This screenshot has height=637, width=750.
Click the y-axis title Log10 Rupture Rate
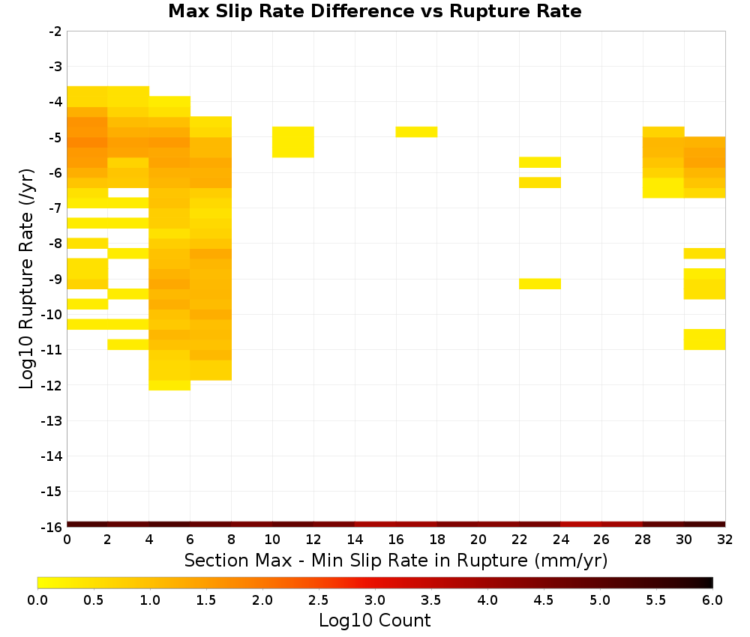pyautogui.click(x=26, y=279)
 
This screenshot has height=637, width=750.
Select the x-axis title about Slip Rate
pyautogui.click(x=395, y=560)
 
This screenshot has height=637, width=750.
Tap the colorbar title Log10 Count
pyautogui.click(x=374, y=621)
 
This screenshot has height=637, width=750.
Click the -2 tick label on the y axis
pyautogui.click(x=55, y=31)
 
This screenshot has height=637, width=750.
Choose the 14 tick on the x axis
pyautogui.click(x=355, y=540)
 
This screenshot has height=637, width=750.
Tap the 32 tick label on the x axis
pyautogui.click(x=724, y=540)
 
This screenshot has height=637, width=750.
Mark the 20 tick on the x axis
pyautogui.click(x=478, y=540)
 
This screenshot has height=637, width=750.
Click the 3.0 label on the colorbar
pyautogui.click(x=374, y=600)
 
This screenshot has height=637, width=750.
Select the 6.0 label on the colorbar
pyautogui.click(x=712, y=600)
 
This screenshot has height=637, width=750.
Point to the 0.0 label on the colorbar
pyautogui.click(x=37, y=600)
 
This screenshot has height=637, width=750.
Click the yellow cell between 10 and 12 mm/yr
pyautogui.click(x=293, y=142)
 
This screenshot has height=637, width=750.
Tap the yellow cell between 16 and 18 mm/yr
pyautogui.click(x=416, y=132)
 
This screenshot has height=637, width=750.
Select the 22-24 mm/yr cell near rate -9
pyautogui.click(x=540, y=284)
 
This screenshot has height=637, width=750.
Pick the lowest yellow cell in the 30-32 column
pyautogui.click(x=704, y=339)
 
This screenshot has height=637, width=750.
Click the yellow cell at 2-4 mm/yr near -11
pyautogui.click(x=128, y=345)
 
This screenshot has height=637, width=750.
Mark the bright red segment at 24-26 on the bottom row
pyautogui.click(x=581, y=525)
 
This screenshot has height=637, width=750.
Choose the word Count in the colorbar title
pyautogui.click(x=405, y=621)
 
